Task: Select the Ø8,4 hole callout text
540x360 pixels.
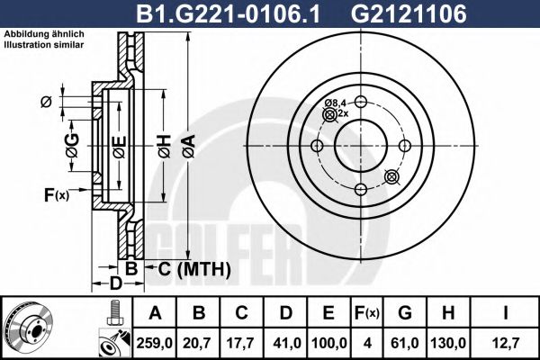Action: (x=336, y=104)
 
